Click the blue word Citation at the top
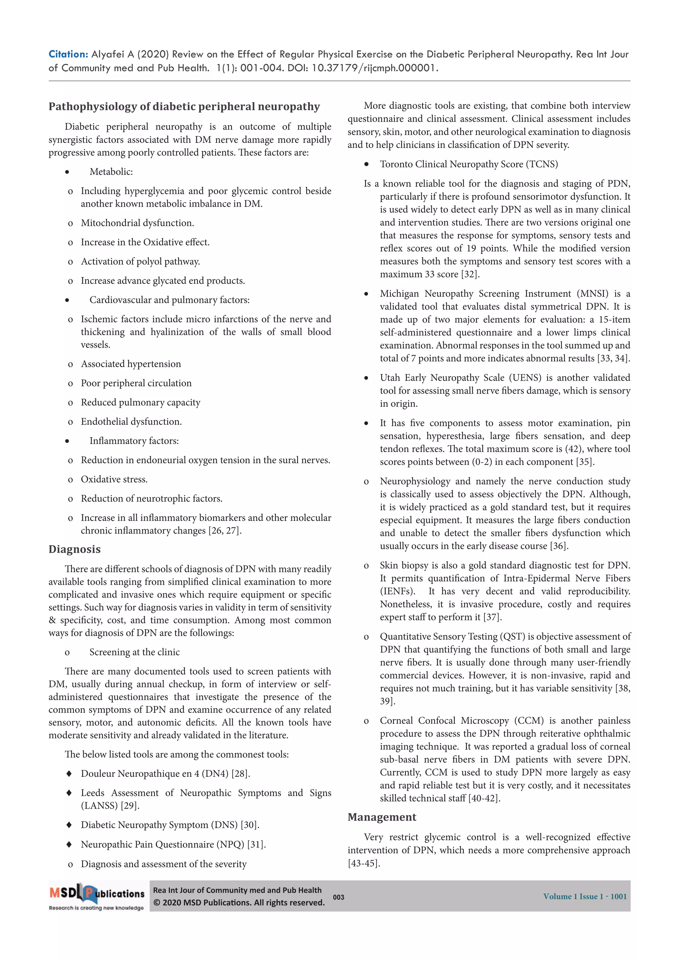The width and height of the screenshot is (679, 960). (x=68, y=54)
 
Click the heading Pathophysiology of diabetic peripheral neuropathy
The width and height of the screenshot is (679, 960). (x=184, y=107)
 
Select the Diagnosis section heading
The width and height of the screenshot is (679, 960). (x=75, y=549)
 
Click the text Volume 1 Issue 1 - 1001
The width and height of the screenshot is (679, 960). (x=585, y=896)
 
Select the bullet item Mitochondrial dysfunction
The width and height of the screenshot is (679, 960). (x=137, y=223)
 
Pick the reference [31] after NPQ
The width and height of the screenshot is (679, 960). (x=256, y=844)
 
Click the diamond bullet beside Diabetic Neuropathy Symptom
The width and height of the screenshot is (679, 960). (x=69, y=825)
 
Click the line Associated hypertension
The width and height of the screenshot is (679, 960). (x=131, y=364)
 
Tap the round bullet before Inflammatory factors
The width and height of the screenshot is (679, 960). (x=67, y=441)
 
